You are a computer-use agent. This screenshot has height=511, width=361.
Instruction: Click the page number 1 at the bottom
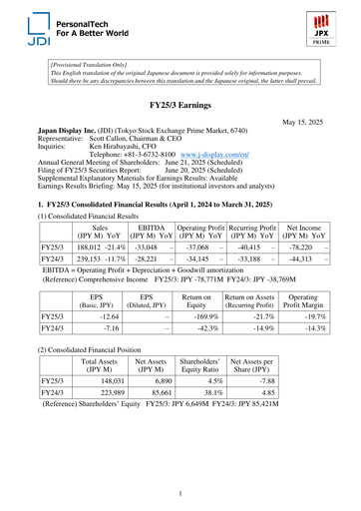[x=180, y=492]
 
